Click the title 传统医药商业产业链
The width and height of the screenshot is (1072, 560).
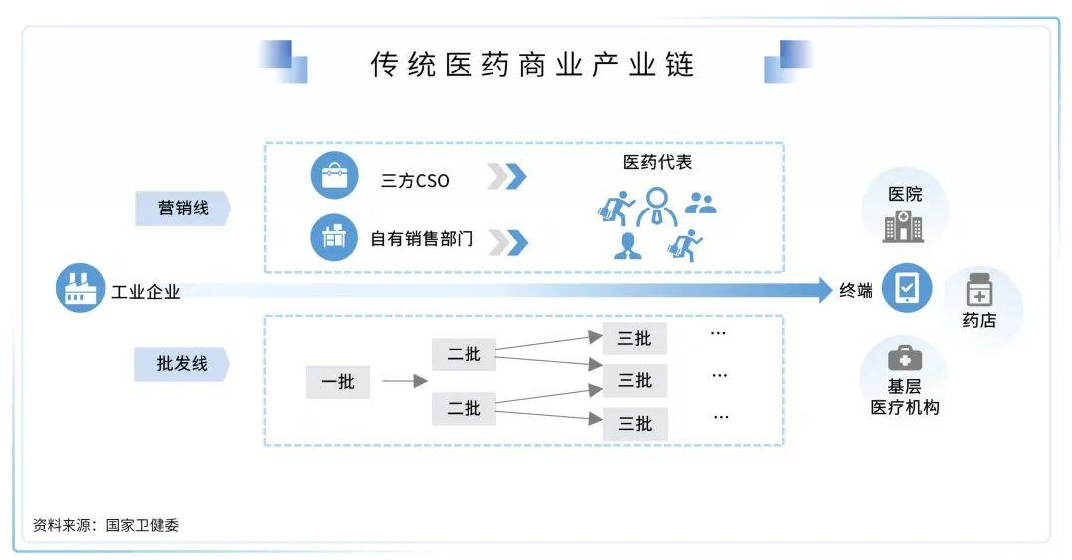pos(532,65)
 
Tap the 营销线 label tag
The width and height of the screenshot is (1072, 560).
pos(184,208)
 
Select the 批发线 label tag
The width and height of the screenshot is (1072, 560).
pos(182,363)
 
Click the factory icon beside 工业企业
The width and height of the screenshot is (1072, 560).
pos(80,288)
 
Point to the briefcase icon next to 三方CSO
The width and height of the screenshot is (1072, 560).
pos(335,175)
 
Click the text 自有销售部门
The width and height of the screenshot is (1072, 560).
pos(422,238)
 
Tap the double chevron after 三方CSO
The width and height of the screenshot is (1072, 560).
pos(507,177)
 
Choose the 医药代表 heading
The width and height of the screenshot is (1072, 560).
pos(657,162)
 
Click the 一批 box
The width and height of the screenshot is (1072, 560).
pos(337,381)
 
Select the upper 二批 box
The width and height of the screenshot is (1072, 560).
pos(464,354)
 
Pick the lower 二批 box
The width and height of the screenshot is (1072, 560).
pos(464,408)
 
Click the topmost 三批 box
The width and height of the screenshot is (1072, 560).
pos(634,338)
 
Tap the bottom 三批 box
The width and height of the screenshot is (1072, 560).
pos(635,424)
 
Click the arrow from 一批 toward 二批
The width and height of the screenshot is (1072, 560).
pos(405,381)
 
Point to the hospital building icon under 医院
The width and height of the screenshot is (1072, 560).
pos(904,226)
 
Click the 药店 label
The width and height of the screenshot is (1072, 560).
pos(979,320)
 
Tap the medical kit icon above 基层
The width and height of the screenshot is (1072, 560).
pos(904,358)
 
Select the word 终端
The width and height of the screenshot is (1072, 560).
pos(856,291)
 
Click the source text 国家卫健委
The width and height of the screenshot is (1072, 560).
pos(142,525)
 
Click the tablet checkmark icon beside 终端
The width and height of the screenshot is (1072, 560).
pos(907,288)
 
